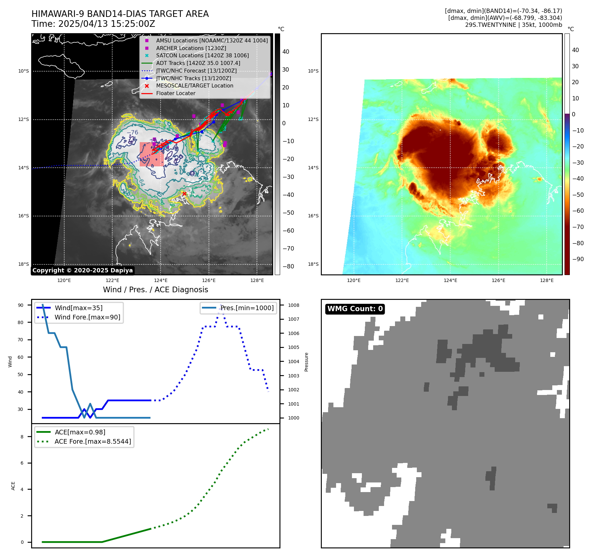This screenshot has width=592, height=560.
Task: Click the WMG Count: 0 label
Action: click(355, 309)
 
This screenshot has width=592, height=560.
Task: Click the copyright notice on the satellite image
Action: click(82, 270)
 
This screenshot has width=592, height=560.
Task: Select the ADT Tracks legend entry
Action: click(198, 63)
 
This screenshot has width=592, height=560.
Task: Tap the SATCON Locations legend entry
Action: click(202, 55)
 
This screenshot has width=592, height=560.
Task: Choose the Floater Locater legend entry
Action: click(175, 93)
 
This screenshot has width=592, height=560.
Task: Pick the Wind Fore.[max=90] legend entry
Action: click(87, 317)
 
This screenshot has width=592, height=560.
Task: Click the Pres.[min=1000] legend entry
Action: click(247, 308)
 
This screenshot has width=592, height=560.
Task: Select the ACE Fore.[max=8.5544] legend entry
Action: click(93, 441)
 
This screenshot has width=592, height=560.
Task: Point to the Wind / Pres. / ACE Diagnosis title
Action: click(156, 290)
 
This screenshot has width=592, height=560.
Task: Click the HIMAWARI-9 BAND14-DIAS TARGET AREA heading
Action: click(120, 14)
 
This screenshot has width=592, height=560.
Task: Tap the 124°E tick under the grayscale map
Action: click(161, 280)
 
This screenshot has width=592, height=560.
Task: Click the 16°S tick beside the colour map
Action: click(313, 216)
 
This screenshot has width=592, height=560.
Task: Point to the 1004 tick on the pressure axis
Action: click(293, 362)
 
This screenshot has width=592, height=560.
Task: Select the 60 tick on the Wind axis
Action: click(21, 357)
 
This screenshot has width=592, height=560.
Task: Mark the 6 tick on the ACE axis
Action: click(22, 463)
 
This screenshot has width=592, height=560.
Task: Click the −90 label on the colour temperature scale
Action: click(578, 259)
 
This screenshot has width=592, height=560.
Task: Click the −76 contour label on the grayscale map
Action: click(132, 133)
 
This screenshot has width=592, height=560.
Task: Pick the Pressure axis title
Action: click(306, 362)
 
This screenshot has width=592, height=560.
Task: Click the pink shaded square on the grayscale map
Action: click(152, 154)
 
